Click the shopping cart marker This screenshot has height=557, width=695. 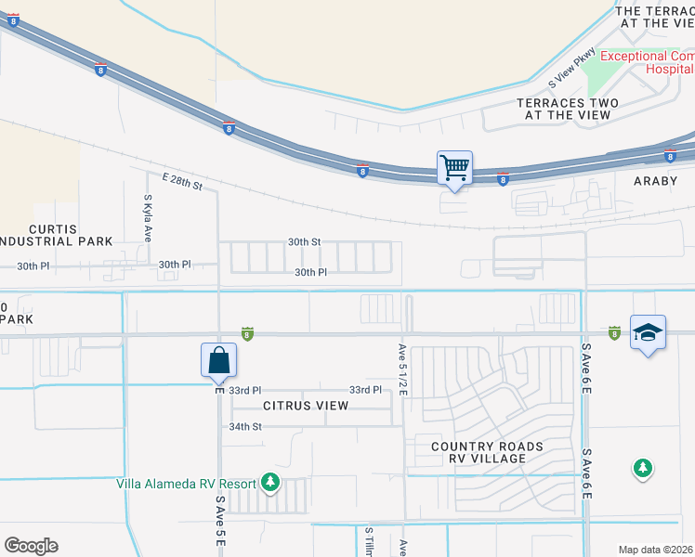click(x=454, y=169)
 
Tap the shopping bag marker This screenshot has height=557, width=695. click(x=218, y=360)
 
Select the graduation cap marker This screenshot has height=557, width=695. click(x=648, y=333)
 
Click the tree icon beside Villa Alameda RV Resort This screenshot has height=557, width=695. click(x=270, y=482)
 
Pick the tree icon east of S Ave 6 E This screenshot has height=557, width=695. click(x=642, y=469)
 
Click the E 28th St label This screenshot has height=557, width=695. click(x=182, y=181)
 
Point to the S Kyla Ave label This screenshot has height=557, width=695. click(x=148, y=218)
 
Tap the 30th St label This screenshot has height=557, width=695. click(x=304, y=241)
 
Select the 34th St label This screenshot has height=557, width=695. click(x=246, y=426)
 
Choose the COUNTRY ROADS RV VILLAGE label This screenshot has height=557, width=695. click(x=487, y=454)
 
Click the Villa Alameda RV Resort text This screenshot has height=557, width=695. click(x=186, y=483)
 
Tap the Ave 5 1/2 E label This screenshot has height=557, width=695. click(x=403, y=369)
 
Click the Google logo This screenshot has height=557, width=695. click(x=31, y=546)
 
